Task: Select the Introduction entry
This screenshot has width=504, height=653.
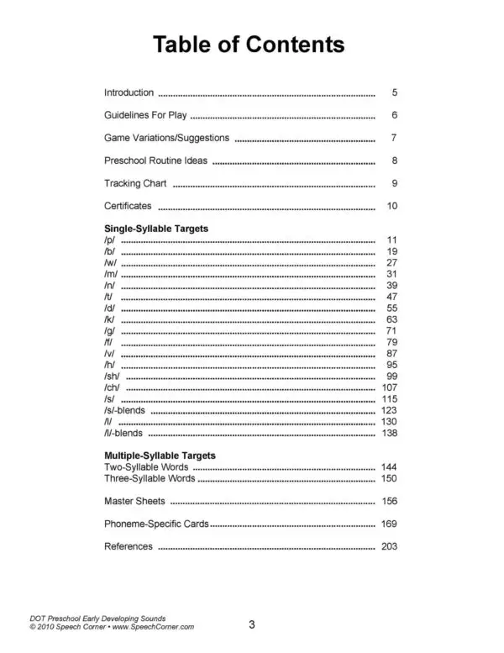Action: pos(129,92)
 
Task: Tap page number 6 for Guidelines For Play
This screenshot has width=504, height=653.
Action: pos(393,115)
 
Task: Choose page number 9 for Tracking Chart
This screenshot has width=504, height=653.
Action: pos(393,183)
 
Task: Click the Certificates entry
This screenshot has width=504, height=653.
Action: pos(128,206)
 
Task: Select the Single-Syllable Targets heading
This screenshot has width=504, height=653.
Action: pos(155,228)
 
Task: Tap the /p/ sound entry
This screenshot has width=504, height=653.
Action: pos(109,240)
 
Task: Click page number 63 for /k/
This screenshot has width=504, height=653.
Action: pos(391,320)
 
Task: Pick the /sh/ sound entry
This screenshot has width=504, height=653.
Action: pos(113,377)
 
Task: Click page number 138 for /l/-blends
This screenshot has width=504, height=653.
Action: pos(388,433)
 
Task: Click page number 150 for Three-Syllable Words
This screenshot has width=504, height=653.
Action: pos(388,478)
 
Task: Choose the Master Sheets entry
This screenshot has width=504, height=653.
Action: pos(134,501)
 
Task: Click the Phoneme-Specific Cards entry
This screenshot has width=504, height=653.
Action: pos(155,524)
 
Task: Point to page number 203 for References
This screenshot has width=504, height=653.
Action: pos(388,546)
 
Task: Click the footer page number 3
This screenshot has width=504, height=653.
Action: pos(251,624)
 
